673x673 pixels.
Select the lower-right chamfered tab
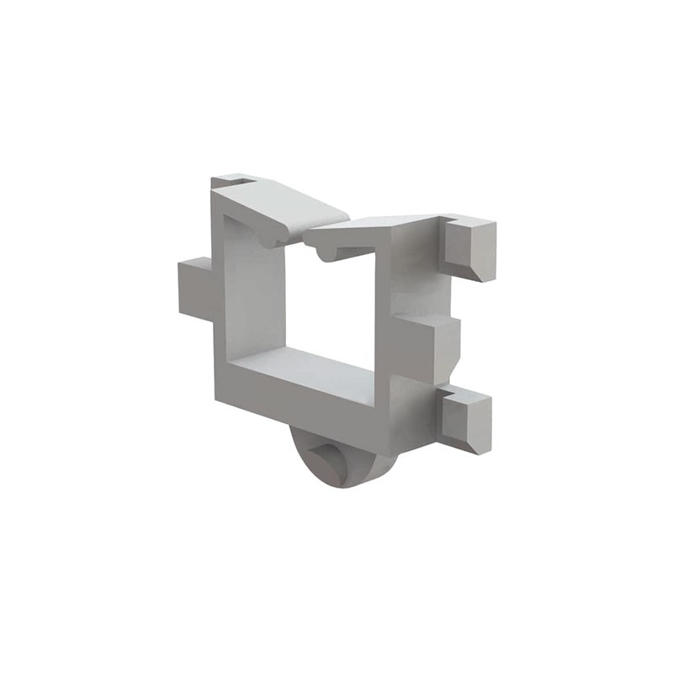tap(468, 421)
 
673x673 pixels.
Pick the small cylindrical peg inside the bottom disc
tap(325, 461)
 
